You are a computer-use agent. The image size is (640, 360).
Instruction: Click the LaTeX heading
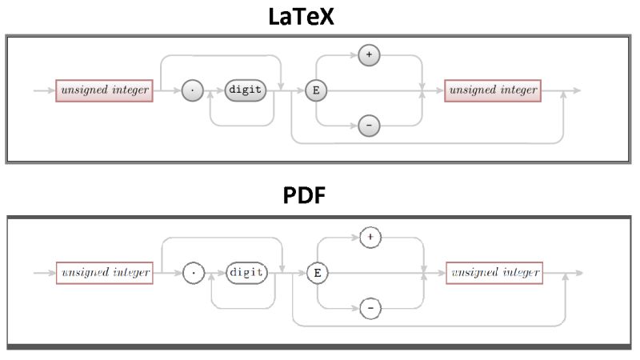301,17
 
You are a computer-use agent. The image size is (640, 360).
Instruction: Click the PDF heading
305,195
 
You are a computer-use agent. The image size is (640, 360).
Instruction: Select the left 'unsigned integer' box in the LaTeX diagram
104,90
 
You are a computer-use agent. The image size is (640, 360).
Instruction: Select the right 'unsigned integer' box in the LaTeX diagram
493,90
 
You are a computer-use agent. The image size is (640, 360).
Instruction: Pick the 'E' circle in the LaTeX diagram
317,91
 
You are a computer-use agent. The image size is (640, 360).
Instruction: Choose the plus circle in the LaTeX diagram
369,55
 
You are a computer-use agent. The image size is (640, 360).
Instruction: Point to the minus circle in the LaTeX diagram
369,126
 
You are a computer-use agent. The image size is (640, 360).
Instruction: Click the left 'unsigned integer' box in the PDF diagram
104,273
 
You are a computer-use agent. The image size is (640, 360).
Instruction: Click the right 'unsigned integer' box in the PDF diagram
494,273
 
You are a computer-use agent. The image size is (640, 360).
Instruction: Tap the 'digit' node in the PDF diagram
247,273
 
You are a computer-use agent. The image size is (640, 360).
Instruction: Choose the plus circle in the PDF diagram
370,238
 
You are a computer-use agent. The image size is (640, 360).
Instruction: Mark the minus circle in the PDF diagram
370,309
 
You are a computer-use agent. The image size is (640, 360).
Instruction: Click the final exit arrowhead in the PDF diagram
578,273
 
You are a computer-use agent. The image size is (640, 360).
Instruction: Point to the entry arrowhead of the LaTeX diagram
51,91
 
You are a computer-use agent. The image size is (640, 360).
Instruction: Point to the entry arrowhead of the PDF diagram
51,273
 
